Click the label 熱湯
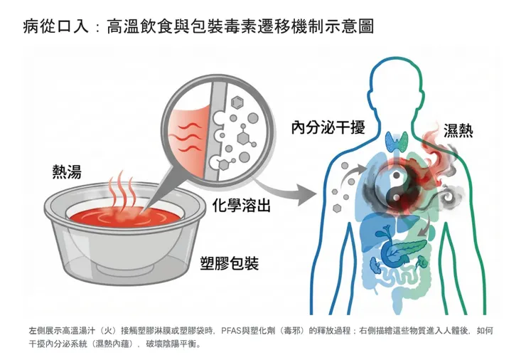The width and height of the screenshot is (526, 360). click(67, 171)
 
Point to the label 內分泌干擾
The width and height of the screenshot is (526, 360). click(328, 128)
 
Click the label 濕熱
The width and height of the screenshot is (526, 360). click(458, 131)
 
